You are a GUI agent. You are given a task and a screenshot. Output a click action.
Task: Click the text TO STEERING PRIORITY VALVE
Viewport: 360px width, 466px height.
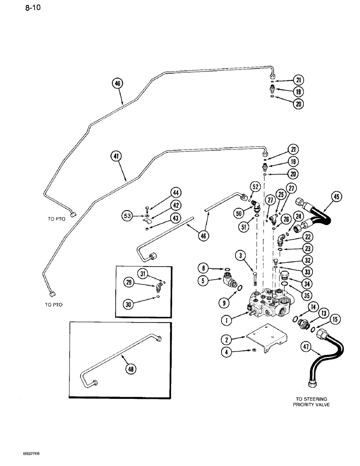(311, 402)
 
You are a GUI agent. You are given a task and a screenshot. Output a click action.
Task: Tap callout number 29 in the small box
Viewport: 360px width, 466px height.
(129, 282)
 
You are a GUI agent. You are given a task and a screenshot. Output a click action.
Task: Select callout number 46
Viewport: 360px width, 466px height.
(202, 236)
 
